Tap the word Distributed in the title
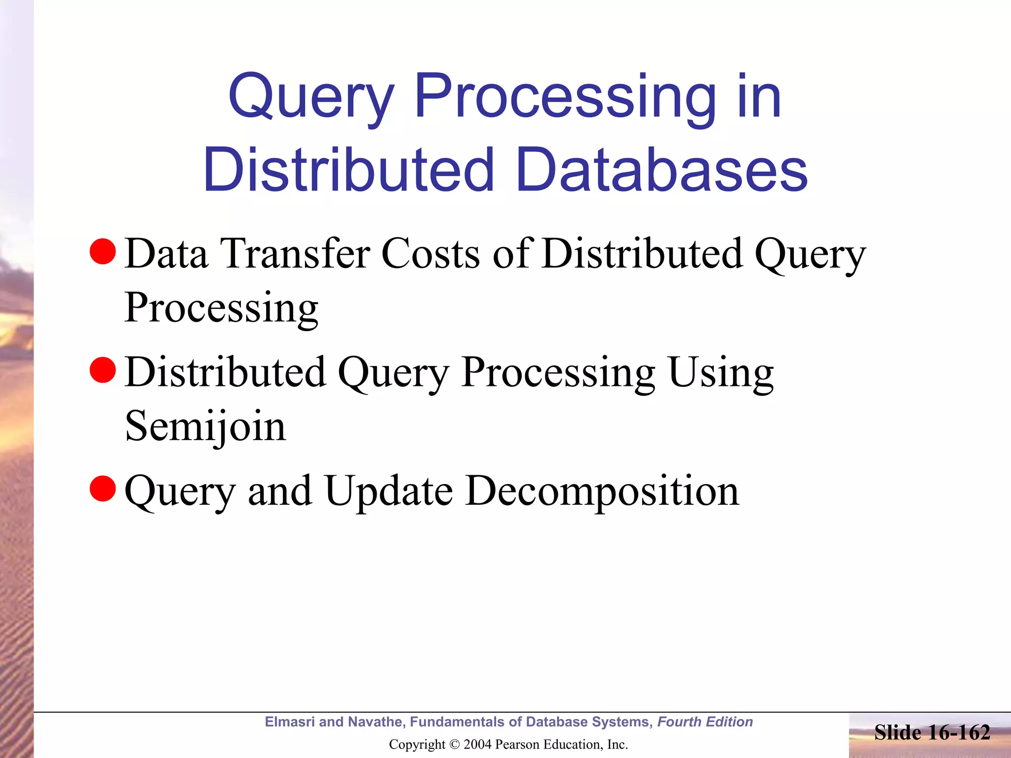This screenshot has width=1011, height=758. point(349,170)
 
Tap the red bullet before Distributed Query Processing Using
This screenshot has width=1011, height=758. point(103,370)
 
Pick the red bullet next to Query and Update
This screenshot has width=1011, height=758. point(103,489)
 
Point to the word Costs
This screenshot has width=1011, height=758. point(430,254)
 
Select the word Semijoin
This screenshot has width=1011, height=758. point(205,426)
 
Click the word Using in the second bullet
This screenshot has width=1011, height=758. point(720,373)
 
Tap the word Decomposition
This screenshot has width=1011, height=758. point(602,492)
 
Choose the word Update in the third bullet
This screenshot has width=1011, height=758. point(389,492)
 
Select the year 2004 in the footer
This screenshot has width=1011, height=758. point(478,744)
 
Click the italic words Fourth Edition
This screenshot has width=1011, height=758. point(705,722)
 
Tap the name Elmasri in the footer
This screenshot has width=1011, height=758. point(289,722)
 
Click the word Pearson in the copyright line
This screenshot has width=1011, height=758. point(514,744)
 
